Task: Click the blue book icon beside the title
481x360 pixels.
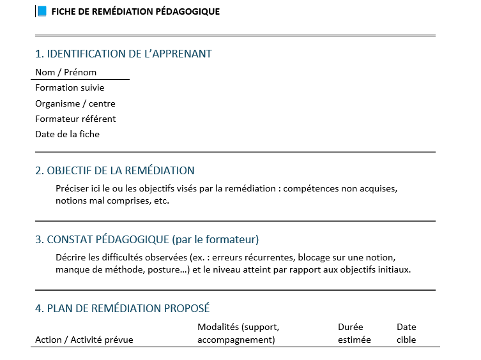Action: tap(42, 11)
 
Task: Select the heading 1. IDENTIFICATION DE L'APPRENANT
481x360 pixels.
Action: tap(123, 54)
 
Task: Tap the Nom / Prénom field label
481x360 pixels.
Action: tap(66, 72)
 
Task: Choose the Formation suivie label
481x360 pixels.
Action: tap(70, 87)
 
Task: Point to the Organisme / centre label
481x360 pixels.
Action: tap(75, 103)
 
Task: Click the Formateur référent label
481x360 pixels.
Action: tap(75, 119)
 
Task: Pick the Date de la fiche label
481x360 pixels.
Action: tap(67, 134)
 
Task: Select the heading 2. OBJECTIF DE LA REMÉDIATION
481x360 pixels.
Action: tap(115, 170)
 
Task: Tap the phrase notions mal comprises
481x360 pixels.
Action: tap(99, 200)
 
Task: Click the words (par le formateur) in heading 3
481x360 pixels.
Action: tap(215, 239)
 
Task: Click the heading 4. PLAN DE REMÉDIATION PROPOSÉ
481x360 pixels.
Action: tap(122, 308)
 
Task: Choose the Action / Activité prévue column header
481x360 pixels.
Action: tap(84, 340)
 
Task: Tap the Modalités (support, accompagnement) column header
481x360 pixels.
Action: tap(238, 333)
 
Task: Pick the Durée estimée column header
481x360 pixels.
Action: tap(354, 333)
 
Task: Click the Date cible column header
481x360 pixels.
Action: tap(406, 333)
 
